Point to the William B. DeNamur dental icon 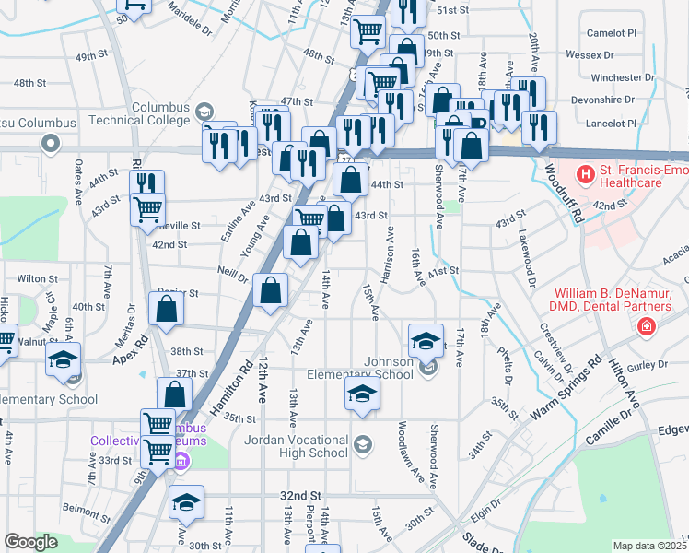648,326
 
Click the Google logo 30,542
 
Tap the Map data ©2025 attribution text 649,546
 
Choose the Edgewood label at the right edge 672,430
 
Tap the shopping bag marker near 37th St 174,394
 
